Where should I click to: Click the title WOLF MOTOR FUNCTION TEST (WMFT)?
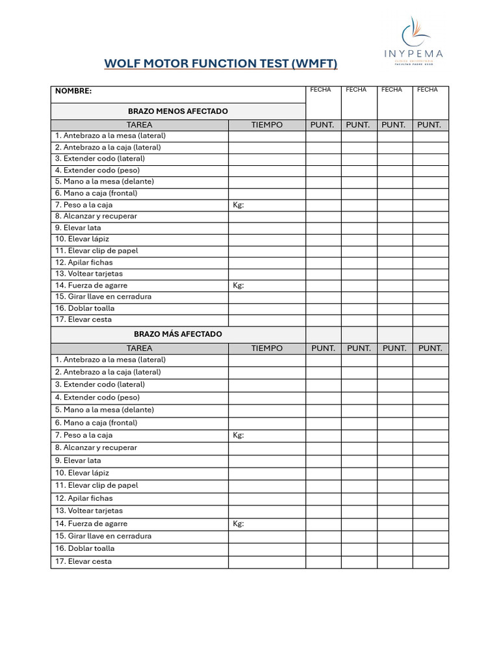221,64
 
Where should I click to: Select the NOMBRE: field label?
73,91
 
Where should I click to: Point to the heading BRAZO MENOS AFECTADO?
177,111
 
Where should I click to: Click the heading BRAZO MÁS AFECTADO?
177,334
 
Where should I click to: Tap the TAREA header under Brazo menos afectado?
139,125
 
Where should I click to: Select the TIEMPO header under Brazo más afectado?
267,348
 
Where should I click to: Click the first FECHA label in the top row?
321,90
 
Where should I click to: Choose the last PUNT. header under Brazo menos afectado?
429,125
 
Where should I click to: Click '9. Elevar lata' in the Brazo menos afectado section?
78,228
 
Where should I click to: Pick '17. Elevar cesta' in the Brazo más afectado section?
83,561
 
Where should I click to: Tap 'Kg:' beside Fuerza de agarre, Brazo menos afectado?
238,285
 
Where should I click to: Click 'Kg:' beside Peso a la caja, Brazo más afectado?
238,435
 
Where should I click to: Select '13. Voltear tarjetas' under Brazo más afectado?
88,511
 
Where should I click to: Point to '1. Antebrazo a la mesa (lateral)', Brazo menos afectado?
110,135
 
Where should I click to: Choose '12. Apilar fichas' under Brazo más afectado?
84,498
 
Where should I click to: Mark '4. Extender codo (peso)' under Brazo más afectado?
97,397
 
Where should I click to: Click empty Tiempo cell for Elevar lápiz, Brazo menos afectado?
267,239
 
